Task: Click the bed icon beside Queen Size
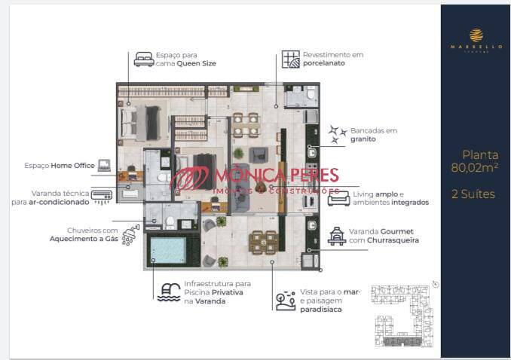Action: click(x=142, y=59)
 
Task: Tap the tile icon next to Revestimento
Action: click(x=290, y=59)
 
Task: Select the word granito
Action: click(x=363, y=139)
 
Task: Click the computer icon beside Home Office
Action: click(x=103, y=165)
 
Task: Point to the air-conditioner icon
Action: click(x=102, y=196)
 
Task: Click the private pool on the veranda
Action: click(x=168, y=249)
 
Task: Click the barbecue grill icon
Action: click(x=336, y=236)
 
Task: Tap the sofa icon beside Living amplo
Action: click(x=338, y=197)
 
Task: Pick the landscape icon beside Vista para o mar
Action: click(x=286, y=301)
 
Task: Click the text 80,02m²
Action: click(x=474, y=168)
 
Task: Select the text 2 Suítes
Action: click(x=473, y=194)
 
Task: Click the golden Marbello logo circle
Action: click(x=476, y=35)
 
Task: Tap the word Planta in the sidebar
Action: click(x=479, y=154)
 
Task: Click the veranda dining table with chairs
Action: click(x=265, y=241)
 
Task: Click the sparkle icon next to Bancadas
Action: click(x=337, y=134)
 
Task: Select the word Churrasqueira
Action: click(x=390, y=240)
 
